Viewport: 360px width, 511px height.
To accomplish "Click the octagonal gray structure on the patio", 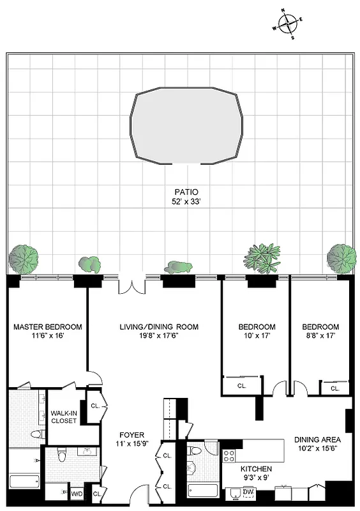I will click(x=187, y=126).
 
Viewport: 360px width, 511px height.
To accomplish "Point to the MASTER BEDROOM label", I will click(x=46, y=327).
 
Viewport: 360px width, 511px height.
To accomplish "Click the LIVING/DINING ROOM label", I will click(x=158, y=327).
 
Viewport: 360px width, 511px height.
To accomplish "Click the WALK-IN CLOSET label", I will click(x=64, y=416).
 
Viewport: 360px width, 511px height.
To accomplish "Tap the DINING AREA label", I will click(x=317, y=439).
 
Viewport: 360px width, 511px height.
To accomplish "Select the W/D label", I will click(x=77, y=494).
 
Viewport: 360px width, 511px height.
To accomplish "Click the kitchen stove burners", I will click(x=229, y=456).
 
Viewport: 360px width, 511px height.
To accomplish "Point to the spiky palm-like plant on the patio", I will click(x=262, y=256).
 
